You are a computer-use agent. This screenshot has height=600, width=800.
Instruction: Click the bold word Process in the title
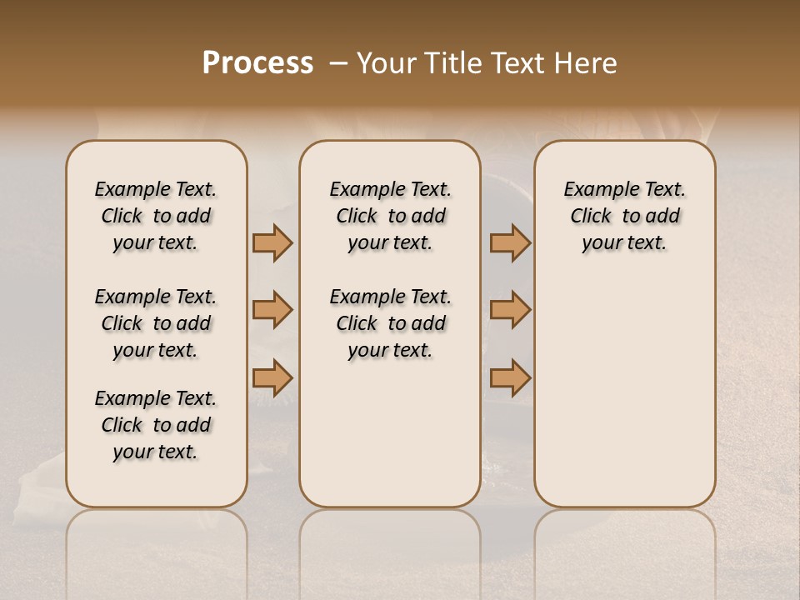click(257, 63)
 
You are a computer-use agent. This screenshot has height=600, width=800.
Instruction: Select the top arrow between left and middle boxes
click(272, 243)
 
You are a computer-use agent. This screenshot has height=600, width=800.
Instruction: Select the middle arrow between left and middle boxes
click(272, 310)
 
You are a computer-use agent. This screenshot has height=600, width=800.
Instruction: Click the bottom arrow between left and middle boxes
click(272, 377)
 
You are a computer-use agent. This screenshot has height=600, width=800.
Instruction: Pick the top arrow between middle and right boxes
click(510, 243)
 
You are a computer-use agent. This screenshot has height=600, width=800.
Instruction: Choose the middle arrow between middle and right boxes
click(510, 310)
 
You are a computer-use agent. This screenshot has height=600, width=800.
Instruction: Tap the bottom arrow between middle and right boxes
click(510, 377)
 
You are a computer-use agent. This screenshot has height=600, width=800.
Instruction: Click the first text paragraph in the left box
click(156, 216)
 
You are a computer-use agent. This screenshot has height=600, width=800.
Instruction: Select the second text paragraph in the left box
click(156, 323)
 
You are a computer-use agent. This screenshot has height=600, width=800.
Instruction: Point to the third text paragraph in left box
click(156, 425)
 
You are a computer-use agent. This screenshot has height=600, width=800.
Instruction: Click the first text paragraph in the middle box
click(390, 216)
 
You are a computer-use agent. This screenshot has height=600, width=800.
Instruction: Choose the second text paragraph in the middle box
click(390, 323)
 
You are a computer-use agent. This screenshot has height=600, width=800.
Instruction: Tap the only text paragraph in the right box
click(624, 216)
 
